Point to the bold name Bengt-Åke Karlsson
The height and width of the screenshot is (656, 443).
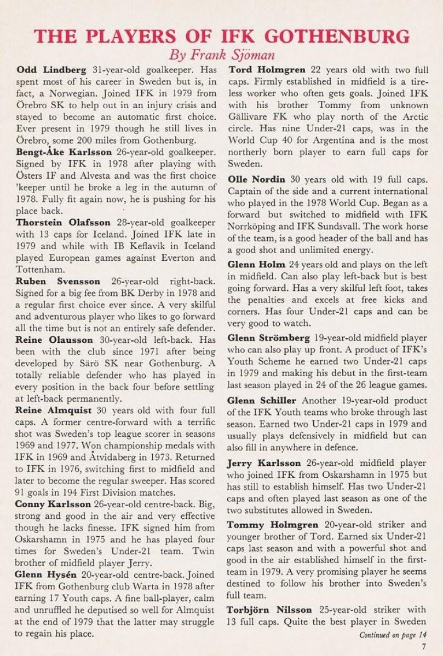tap(65, 152)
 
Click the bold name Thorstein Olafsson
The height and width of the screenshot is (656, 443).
tap(63, 222)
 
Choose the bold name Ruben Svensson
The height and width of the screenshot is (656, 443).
tap(58, 282)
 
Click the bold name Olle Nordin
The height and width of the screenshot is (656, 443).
tap(257, 179)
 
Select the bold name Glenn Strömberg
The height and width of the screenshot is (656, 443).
tap(269, 338)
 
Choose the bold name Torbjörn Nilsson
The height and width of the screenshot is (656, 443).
tap(270, 610)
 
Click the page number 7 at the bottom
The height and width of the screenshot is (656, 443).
tap(424, 646)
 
